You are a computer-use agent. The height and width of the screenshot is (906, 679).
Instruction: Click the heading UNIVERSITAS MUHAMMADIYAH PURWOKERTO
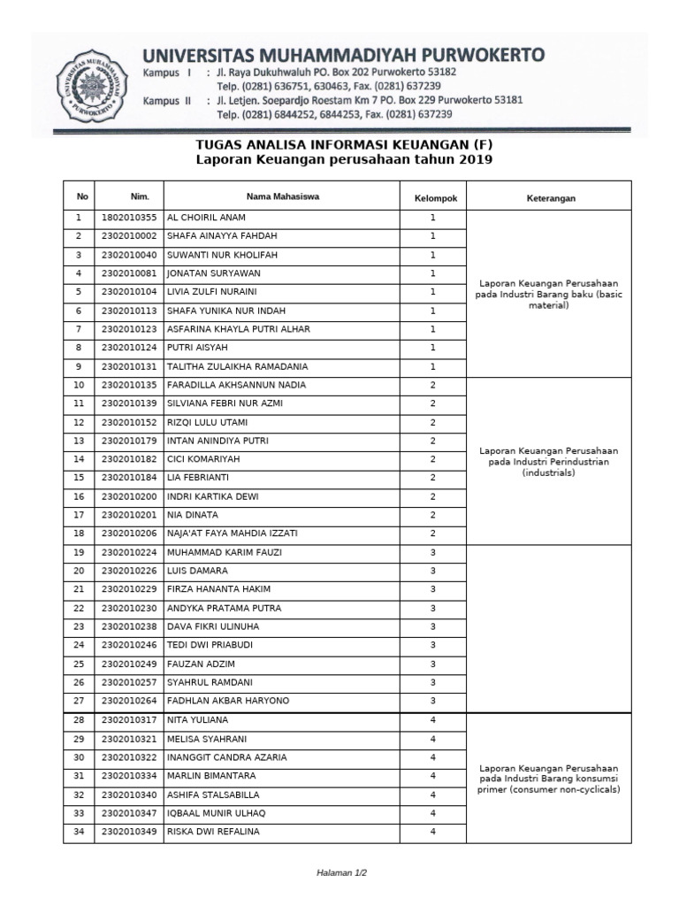coord(344,55)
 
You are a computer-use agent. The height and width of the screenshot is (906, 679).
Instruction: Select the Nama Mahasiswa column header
coord(283,196)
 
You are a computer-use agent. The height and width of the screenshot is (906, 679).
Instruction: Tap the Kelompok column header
coord(435,197)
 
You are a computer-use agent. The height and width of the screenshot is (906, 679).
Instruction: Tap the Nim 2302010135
coord(128,385)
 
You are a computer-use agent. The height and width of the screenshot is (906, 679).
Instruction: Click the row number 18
coord(79,534)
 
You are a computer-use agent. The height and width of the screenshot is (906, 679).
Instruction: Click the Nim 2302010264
coord(128,701)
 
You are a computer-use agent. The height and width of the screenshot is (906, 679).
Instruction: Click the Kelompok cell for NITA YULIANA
coord(433,720)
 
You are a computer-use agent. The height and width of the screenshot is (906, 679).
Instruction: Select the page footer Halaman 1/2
coord(341,873)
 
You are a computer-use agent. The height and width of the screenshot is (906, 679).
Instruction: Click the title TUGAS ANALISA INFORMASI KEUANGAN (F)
coord(343,144)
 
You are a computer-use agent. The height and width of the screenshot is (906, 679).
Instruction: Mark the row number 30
coord(79,757)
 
